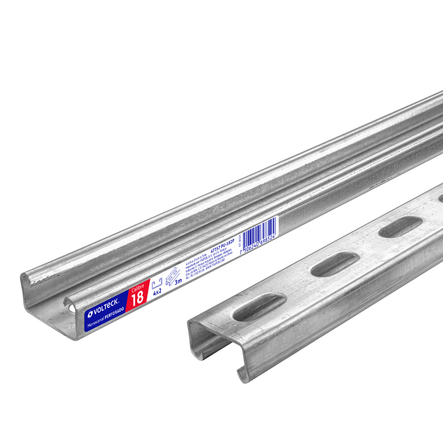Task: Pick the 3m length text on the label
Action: tap(178, 280)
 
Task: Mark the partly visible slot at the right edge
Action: tap(440, 197)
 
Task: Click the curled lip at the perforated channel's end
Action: tap(242, 374)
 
